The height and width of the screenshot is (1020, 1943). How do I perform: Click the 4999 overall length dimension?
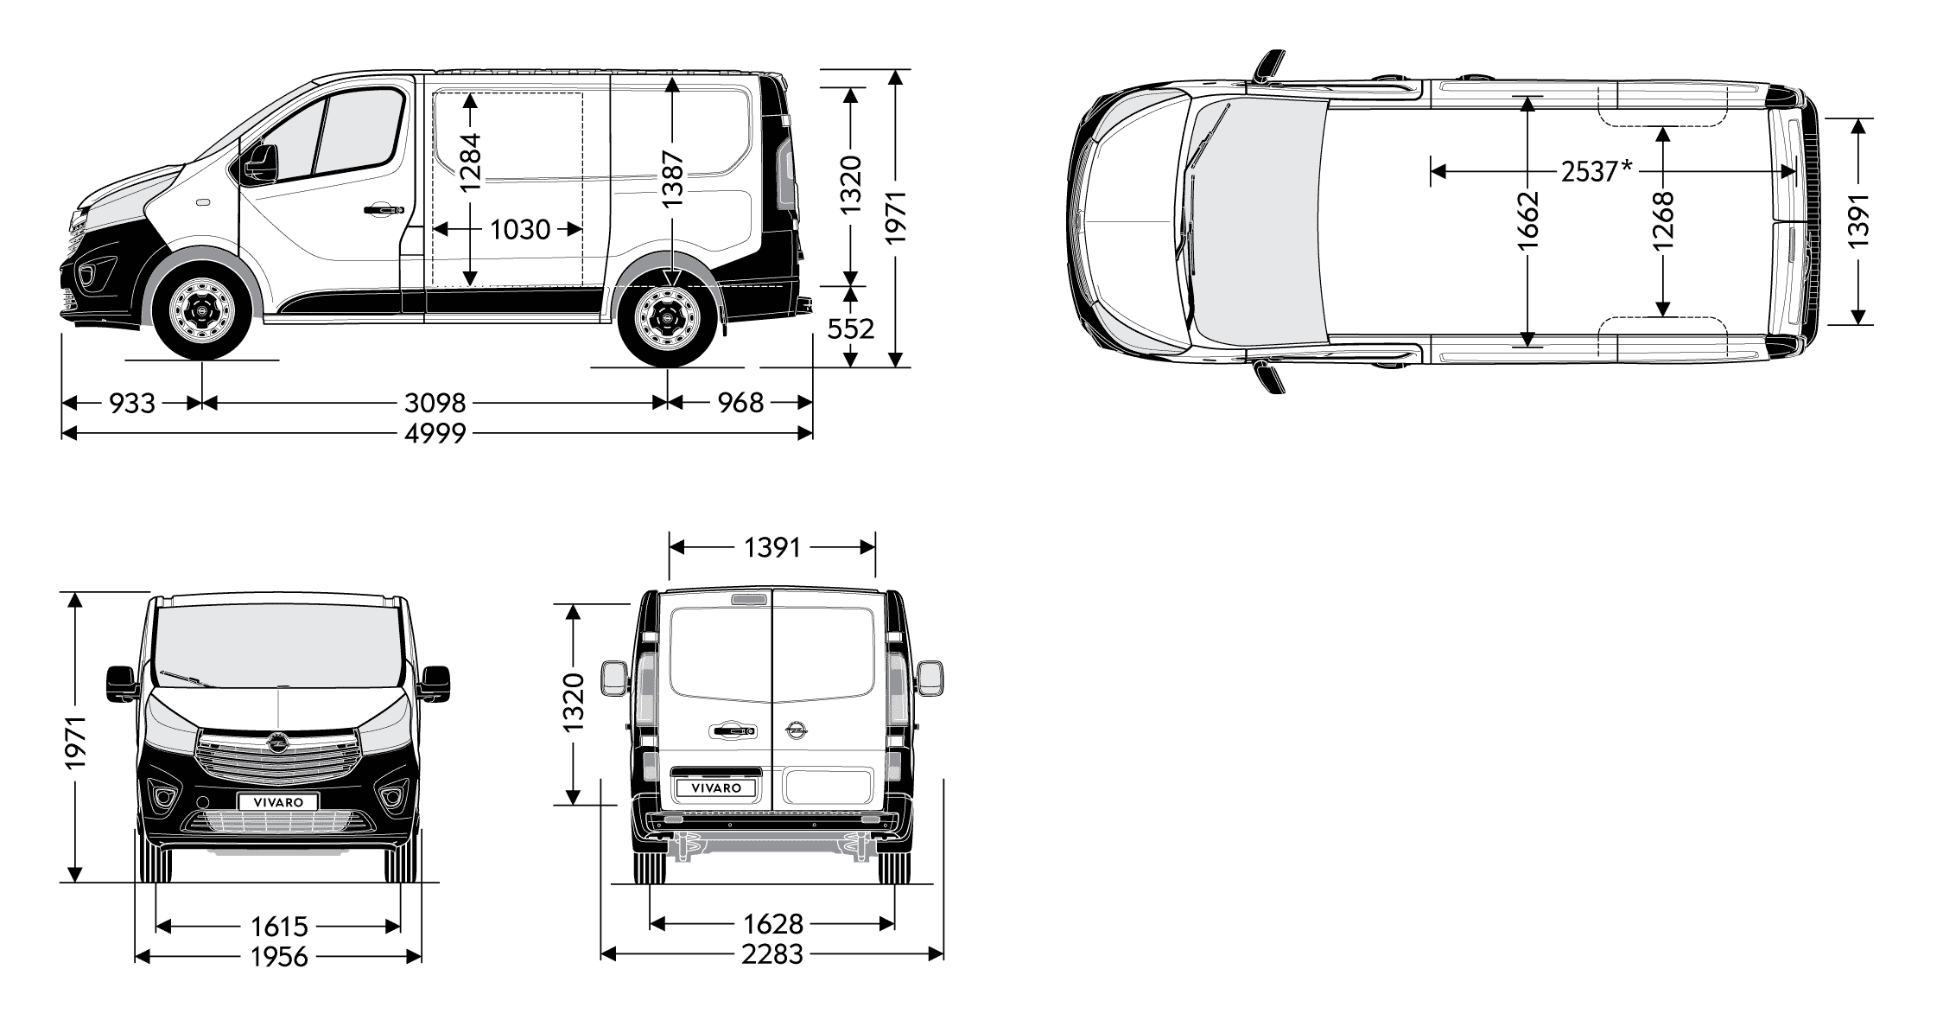click(435, 433)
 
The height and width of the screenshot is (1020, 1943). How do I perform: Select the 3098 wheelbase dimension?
click(435, 403)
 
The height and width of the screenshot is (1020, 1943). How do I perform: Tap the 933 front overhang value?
click(132, 403)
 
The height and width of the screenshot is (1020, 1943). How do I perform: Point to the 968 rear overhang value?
click(740, 403)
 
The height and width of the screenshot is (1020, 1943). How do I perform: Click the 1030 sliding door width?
click(520, 230)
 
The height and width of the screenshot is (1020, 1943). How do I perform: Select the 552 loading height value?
click(851, 328)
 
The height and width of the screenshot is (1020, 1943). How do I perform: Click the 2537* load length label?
click(1597, 172)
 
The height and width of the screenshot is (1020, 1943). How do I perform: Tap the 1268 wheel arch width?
click(1662, 220)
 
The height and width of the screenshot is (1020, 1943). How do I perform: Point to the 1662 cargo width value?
click(1527, 220)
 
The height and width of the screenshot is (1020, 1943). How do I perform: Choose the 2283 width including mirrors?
click(772, 954)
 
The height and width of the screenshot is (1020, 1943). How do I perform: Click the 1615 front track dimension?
click(279, 927)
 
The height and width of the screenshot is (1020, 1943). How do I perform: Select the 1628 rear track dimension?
click(772, 925)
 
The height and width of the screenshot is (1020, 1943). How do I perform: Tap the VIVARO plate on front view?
click(278, 801)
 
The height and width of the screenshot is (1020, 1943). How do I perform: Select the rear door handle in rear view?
click(731, 733)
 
